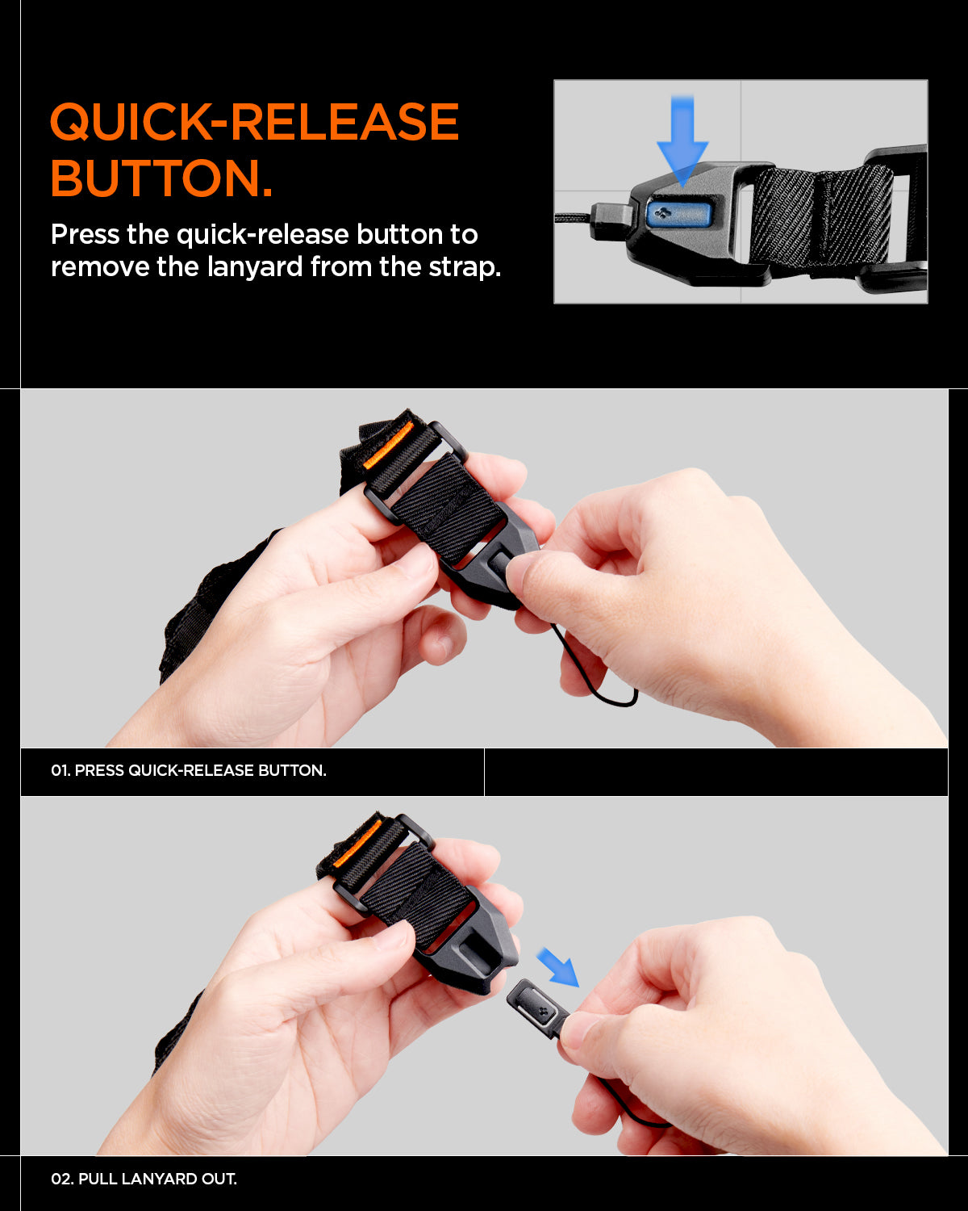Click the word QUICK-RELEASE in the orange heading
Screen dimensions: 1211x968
pos(254,123)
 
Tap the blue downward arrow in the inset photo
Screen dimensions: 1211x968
pos(682,141)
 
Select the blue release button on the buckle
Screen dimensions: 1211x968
pos(678,215)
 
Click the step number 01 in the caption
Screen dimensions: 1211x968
pos(60,771)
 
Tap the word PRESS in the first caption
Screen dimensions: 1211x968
pos(99,771)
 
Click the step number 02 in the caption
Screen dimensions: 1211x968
pos(60,1180)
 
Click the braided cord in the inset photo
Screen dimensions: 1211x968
pos(573,216)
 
